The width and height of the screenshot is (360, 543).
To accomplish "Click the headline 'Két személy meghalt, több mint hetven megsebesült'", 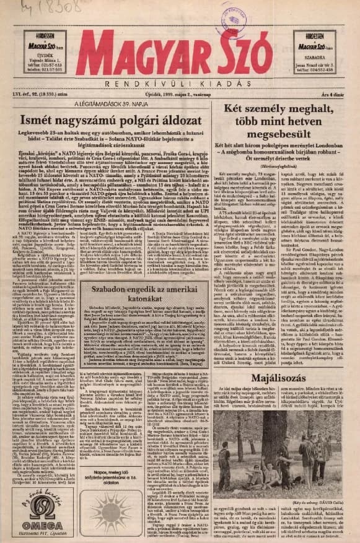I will coord(283,130).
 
